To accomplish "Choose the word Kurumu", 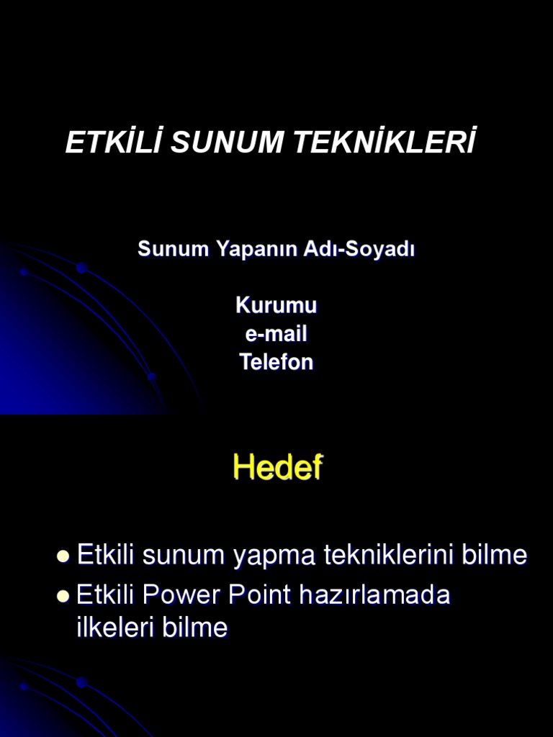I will click(276, 305).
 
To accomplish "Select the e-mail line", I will click(276, 334).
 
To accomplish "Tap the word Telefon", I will click(276, 362).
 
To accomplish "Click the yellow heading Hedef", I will click(277, 469).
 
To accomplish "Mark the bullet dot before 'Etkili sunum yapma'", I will click(63, 556).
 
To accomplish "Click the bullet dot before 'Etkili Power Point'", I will click(63, 597).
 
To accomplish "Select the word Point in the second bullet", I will click(257, 596).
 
